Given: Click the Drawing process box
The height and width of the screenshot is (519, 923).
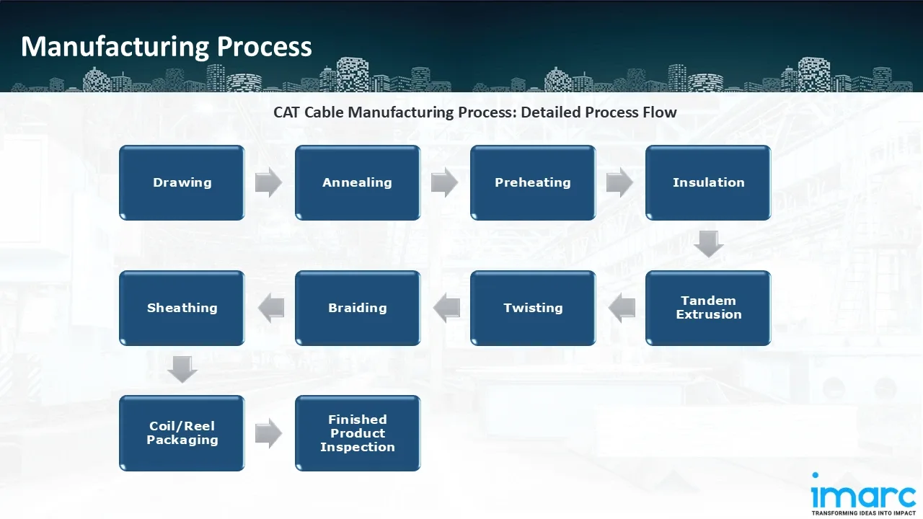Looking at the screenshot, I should [182, 183].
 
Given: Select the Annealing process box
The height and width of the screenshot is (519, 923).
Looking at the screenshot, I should [357, 183].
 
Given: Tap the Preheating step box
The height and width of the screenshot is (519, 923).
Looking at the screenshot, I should [533, 183].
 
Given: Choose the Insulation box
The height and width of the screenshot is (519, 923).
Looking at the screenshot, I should [708, 183].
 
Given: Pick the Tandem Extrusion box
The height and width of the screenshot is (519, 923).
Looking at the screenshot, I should [708, 308].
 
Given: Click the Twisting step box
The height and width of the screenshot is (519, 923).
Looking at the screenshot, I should [533, 308].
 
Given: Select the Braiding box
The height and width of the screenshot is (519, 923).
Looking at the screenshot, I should [357, 308].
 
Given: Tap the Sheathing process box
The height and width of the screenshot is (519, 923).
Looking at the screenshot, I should [182, 308].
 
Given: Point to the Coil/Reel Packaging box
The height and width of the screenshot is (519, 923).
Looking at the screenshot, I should [182, 433].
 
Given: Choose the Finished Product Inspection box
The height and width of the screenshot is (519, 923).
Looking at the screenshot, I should [357, 433].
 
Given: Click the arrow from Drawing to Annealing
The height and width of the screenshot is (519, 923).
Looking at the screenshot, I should [269, 183].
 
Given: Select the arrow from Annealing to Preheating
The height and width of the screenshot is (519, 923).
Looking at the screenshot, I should [444, 183].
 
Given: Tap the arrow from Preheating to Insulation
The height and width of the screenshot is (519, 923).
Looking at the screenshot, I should [619, 183].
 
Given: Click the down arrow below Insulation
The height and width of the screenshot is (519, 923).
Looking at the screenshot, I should [708, 244].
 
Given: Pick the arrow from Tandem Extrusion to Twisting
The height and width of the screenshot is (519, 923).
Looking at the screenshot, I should [622, 308].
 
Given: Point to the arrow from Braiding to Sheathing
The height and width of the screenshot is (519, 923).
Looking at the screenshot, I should [270, 308].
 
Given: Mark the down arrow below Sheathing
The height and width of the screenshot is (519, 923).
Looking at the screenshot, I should [182, 370].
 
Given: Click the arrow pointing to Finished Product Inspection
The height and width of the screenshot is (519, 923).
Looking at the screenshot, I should [269, 433].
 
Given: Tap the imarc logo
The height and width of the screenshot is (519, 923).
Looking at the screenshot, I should [862, 494].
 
